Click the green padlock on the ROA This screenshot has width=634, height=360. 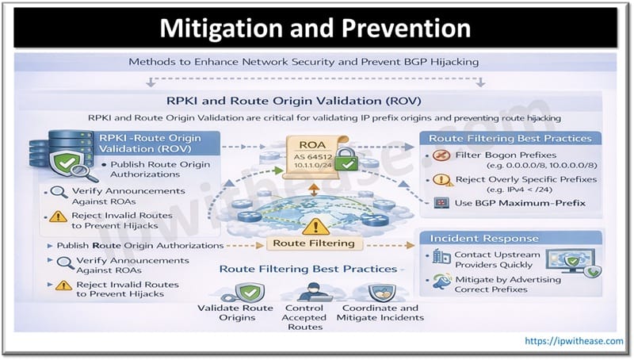(345, 165)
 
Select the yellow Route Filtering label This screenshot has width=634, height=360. (315, 243)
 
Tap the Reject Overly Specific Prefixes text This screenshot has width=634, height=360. (518, 179)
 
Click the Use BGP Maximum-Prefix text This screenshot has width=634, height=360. (520, 203)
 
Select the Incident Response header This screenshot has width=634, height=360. (474, 238)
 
